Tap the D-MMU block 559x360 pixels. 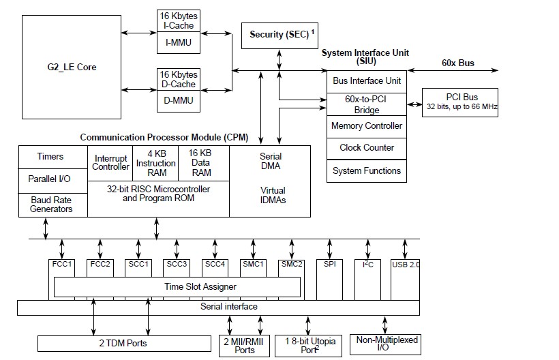coord(179,101)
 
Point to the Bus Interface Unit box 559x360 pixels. coord(367,80)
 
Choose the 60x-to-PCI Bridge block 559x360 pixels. coord(367,104)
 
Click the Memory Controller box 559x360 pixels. coord(367,126)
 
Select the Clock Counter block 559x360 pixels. coord(367,148)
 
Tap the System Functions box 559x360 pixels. coord(367,170)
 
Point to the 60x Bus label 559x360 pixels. coord(457,63)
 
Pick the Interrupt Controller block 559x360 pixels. coord(111,162)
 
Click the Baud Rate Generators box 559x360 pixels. coord(51,205)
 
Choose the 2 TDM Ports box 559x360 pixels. coord(123,343)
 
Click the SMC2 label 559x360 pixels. coord(291,264)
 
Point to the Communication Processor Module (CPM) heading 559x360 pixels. coord(163,137)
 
